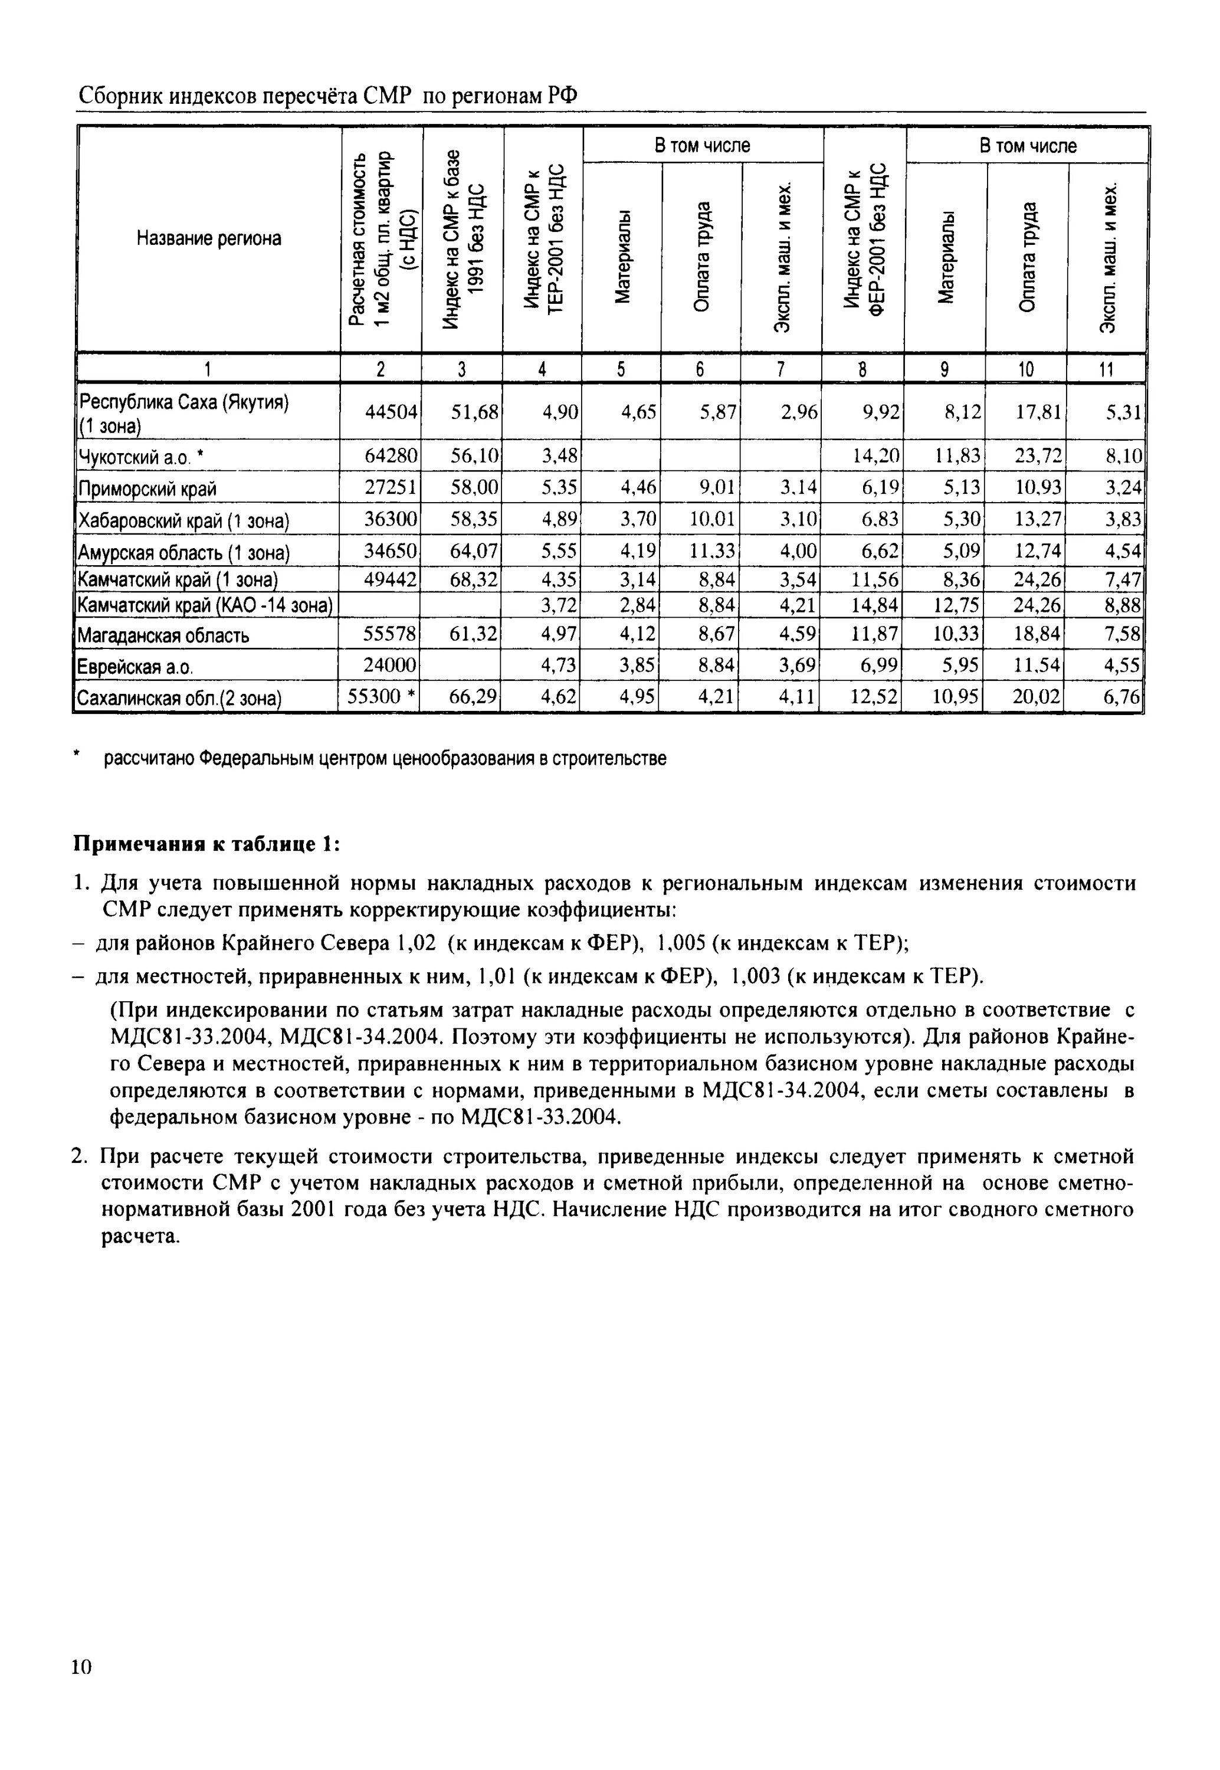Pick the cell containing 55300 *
tap(381, 696)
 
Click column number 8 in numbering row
tap(862, 369)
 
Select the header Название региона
tap(209, 238)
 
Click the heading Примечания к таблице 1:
tap(206, 844)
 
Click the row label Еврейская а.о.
tap(134, 667)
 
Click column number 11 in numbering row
tap(1106, 369)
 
